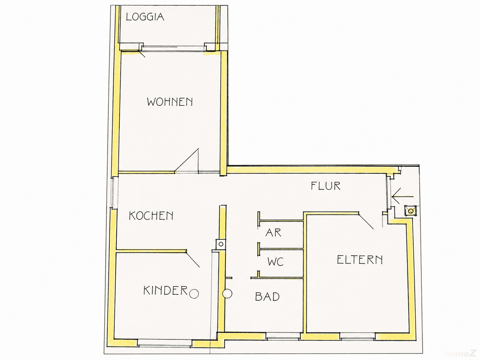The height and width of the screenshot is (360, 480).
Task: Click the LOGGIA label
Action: tap(145, 17)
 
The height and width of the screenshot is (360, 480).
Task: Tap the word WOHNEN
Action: tap(170, 102)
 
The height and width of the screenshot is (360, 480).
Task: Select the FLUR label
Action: tap(326, 186)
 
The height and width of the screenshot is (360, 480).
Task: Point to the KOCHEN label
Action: tap(151, 216)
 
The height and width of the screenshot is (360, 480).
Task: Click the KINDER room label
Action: tap(166, 290)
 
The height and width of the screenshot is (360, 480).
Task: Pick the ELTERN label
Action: tap(360, 260)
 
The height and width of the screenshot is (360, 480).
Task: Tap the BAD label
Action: tap(267, 297)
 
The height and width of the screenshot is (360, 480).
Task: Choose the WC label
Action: tap(276, 262)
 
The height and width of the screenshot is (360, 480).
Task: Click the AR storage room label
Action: tap(273, 233)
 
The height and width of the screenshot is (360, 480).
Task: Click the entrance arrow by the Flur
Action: tap(402, 197)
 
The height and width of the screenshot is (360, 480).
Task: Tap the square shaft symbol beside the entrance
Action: tap(410, 211)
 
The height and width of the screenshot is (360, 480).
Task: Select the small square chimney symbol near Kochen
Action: tap(221, 244)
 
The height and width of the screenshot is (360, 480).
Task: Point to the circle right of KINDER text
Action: tap(194, 294)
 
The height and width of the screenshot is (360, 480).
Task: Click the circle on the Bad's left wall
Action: tap(227, 294)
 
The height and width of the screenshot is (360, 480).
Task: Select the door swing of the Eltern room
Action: tap(366, 221)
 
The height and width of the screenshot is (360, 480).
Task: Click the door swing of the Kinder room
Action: tap(193, 259)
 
